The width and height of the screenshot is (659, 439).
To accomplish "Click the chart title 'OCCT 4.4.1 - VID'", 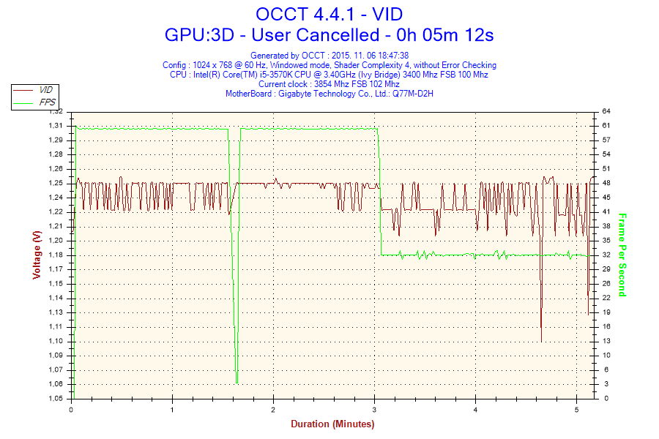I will point(329,13).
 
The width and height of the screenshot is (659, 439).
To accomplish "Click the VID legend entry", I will point(45,89).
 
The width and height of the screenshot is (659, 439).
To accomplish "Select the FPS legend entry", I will point(45,102).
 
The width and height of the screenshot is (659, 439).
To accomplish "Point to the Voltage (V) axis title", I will point(36,255).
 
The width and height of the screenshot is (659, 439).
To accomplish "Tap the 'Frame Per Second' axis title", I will point(622,255).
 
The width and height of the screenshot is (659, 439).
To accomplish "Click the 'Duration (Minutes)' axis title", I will point(332,424).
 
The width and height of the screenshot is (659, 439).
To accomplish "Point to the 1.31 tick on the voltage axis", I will point(56,126).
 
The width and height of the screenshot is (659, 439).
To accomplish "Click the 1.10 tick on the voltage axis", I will point(56,341).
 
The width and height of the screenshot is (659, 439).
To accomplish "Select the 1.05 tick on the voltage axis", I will point(56,399).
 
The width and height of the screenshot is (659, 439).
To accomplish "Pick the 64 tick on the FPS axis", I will point(606,111).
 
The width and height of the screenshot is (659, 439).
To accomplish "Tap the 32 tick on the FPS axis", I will point(606,255).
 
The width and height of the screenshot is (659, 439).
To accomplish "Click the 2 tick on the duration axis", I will point(273,409).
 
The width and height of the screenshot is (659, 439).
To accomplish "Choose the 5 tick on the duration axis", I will point(576,409).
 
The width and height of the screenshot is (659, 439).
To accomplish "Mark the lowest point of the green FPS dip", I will point(237,383).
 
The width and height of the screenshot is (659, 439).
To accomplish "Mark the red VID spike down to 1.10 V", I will point(541,340).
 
